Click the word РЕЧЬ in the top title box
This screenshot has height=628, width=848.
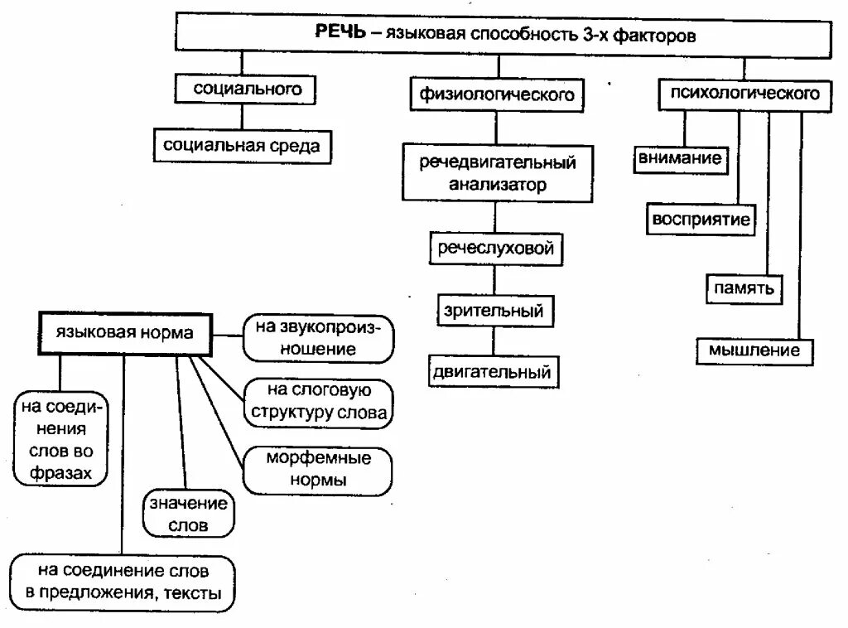click(x=338, y=35)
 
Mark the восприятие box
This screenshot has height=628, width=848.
click(x=701, y=220)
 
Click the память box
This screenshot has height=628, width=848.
click(x=742, y=287)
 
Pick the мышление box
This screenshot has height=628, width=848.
click(x=754, y=350)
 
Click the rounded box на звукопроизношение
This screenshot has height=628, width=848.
click(x=317, y=338)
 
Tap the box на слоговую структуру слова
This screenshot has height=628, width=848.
click(x=319, y=402)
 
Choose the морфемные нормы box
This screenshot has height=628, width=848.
click(x=318, y=469)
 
